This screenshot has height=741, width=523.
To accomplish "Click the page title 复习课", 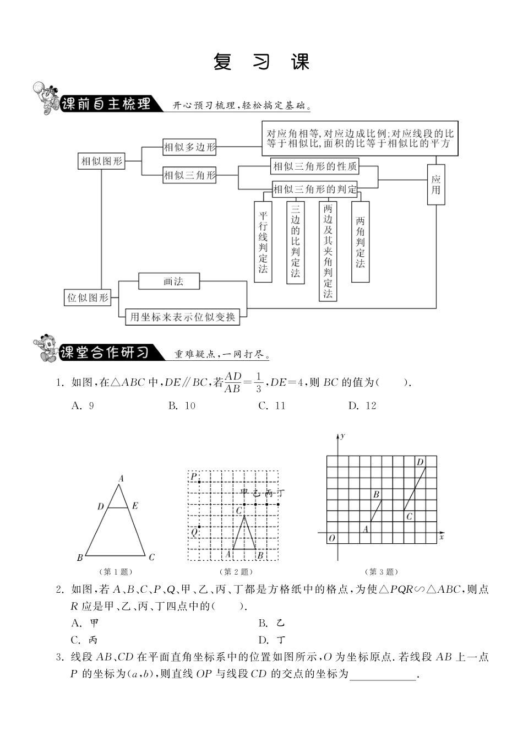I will (x=261, y=62).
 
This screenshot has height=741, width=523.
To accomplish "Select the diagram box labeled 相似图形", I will (x=102, y=161).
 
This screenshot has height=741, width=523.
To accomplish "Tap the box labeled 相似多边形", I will (x=190, y=147).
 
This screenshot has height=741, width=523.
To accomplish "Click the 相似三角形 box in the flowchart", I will (x=190, y=176).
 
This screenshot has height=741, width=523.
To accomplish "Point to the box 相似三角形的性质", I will (x=315, y=166).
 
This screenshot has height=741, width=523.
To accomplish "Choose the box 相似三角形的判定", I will (x=315, y=190).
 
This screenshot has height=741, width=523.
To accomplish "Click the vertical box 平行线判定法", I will (x=263, y=242).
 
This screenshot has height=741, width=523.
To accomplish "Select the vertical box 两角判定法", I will (x=360, y=242).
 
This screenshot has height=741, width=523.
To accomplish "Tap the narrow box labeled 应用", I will (x=436, y=185).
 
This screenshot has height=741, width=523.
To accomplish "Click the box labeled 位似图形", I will (x=88, y=298).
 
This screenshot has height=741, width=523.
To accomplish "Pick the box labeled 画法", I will (x=173, y=282).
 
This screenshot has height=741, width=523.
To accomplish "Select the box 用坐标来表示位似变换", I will (x=183, y=316).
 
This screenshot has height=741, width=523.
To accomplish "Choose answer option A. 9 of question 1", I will (x=83, y=405).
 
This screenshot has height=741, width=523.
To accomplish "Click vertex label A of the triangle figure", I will (x=121, y=478).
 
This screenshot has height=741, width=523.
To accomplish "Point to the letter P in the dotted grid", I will (x=193, y=476).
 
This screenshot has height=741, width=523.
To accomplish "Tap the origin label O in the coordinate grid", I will (x=331, y=538).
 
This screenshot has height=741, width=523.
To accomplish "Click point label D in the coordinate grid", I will (x=420, y=462).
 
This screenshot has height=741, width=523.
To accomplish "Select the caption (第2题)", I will (x=236, y=572).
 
